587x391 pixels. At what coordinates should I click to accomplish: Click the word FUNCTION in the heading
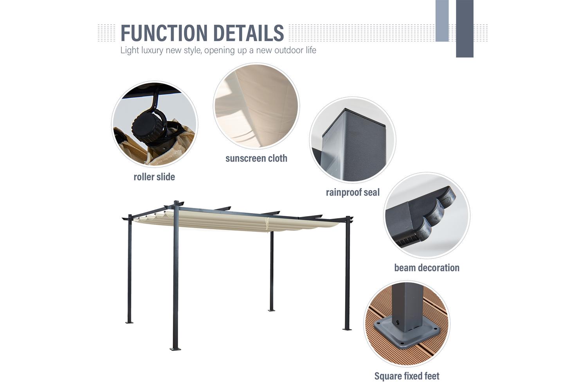tap(164, 33)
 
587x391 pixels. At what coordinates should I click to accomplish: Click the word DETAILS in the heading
tap(248, 33)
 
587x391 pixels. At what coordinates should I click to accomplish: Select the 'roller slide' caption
tap(154, 177)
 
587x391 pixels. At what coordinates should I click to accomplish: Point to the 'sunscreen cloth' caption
tap(256, 158)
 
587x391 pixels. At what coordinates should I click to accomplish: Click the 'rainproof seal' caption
tap(353, 192)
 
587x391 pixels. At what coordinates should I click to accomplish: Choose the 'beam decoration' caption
tap(427, 268)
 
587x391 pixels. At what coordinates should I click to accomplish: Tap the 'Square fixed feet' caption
tap(407, 376)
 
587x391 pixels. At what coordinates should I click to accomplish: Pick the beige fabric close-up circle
tap(256, 106)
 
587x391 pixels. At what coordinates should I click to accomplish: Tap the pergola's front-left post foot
tap(175, 349)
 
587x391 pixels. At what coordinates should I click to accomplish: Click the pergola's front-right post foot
tap(347, 329)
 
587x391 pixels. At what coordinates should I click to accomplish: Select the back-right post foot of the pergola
tap(272, 310)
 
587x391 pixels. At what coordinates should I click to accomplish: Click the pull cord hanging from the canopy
tap(267, 224)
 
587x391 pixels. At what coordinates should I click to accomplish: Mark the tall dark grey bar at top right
tap(465, 29)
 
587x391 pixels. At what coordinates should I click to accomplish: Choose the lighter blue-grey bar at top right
tap(442, 21)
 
